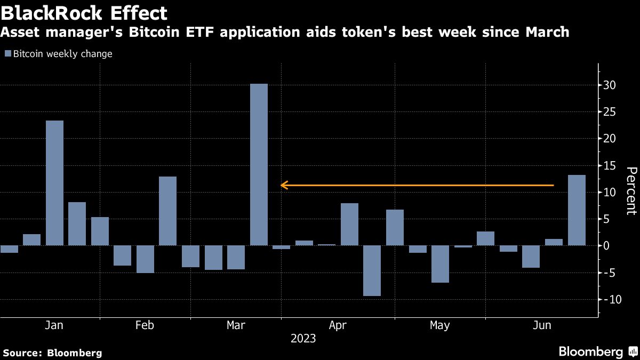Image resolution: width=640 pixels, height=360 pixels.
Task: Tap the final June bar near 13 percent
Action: point(577,210)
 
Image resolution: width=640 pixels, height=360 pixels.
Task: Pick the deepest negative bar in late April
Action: point(372,270)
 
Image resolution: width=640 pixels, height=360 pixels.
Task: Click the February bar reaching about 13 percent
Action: point(167,211)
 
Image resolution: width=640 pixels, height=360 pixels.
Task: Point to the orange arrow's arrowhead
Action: point(284,186)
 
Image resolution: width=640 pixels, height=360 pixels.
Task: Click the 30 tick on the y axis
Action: point(610,85)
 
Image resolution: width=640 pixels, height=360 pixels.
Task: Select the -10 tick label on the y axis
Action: point(609,299)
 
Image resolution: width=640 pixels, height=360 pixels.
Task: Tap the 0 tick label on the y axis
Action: point(613,246)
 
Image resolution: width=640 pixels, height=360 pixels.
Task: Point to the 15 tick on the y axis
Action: point(610,165)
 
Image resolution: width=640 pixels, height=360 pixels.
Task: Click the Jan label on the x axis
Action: point(54,325)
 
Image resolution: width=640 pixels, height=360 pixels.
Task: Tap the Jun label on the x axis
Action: point(542,325)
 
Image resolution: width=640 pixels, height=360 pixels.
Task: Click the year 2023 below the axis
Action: point(303,339)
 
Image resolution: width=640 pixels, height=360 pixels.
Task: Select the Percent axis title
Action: point(631,190)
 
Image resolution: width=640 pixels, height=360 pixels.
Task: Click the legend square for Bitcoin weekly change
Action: point(8,54)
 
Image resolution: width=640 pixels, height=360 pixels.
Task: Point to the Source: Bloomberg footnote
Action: point(52,353)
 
